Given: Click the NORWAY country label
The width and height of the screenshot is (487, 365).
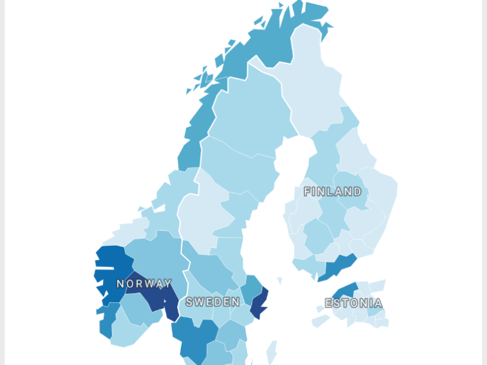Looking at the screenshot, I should (x=144, y=283).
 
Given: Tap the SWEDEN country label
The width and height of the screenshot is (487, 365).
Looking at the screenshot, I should (x=212, y=302).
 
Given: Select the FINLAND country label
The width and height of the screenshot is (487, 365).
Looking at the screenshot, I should (x=332, y=192).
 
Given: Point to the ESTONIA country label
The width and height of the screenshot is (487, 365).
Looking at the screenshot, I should (x=354, y=303).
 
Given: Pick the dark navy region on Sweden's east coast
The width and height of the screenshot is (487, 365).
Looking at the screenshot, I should (x=260, y=302).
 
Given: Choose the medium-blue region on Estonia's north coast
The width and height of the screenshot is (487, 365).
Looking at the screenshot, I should (x=346, y=290).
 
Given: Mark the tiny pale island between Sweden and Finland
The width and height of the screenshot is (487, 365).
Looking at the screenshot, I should (x=280, y=281).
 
